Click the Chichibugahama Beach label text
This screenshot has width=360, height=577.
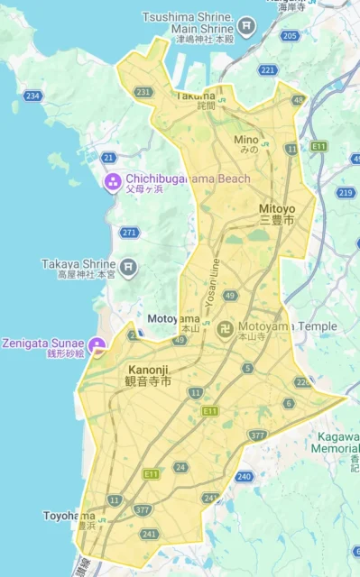188,179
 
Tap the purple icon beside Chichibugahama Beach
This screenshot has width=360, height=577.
113,184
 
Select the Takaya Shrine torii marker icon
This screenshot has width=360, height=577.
128,266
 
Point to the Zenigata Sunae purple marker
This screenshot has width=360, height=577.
97,343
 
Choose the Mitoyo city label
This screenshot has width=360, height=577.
277,209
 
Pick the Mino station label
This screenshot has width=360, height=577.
246,140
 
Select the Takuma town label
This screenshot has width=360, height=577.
195,96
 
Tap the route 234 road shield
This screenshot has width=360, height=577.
33,96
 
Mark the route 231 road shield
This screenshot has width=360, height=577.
143,91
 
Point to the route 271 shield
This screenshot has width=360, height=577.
129,232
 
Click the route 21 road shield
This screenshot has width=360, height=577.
109,158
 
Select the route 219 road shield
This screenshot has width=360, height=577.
345,192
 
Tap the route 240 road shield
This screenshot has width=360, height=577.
244,476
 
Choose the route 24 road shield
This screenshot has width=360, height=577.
181,467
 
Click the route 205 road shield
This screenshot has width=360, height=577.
289,36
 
